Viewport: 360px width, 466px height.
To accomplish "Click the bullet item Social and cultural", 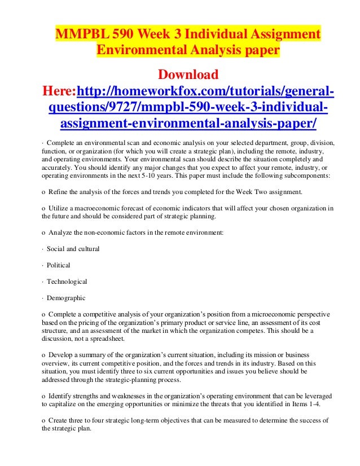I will click(x=73, y=249).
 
